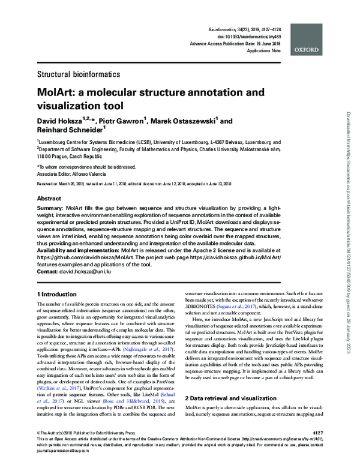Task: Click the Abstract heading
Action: pyautogui.click(x=49, y=198)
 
